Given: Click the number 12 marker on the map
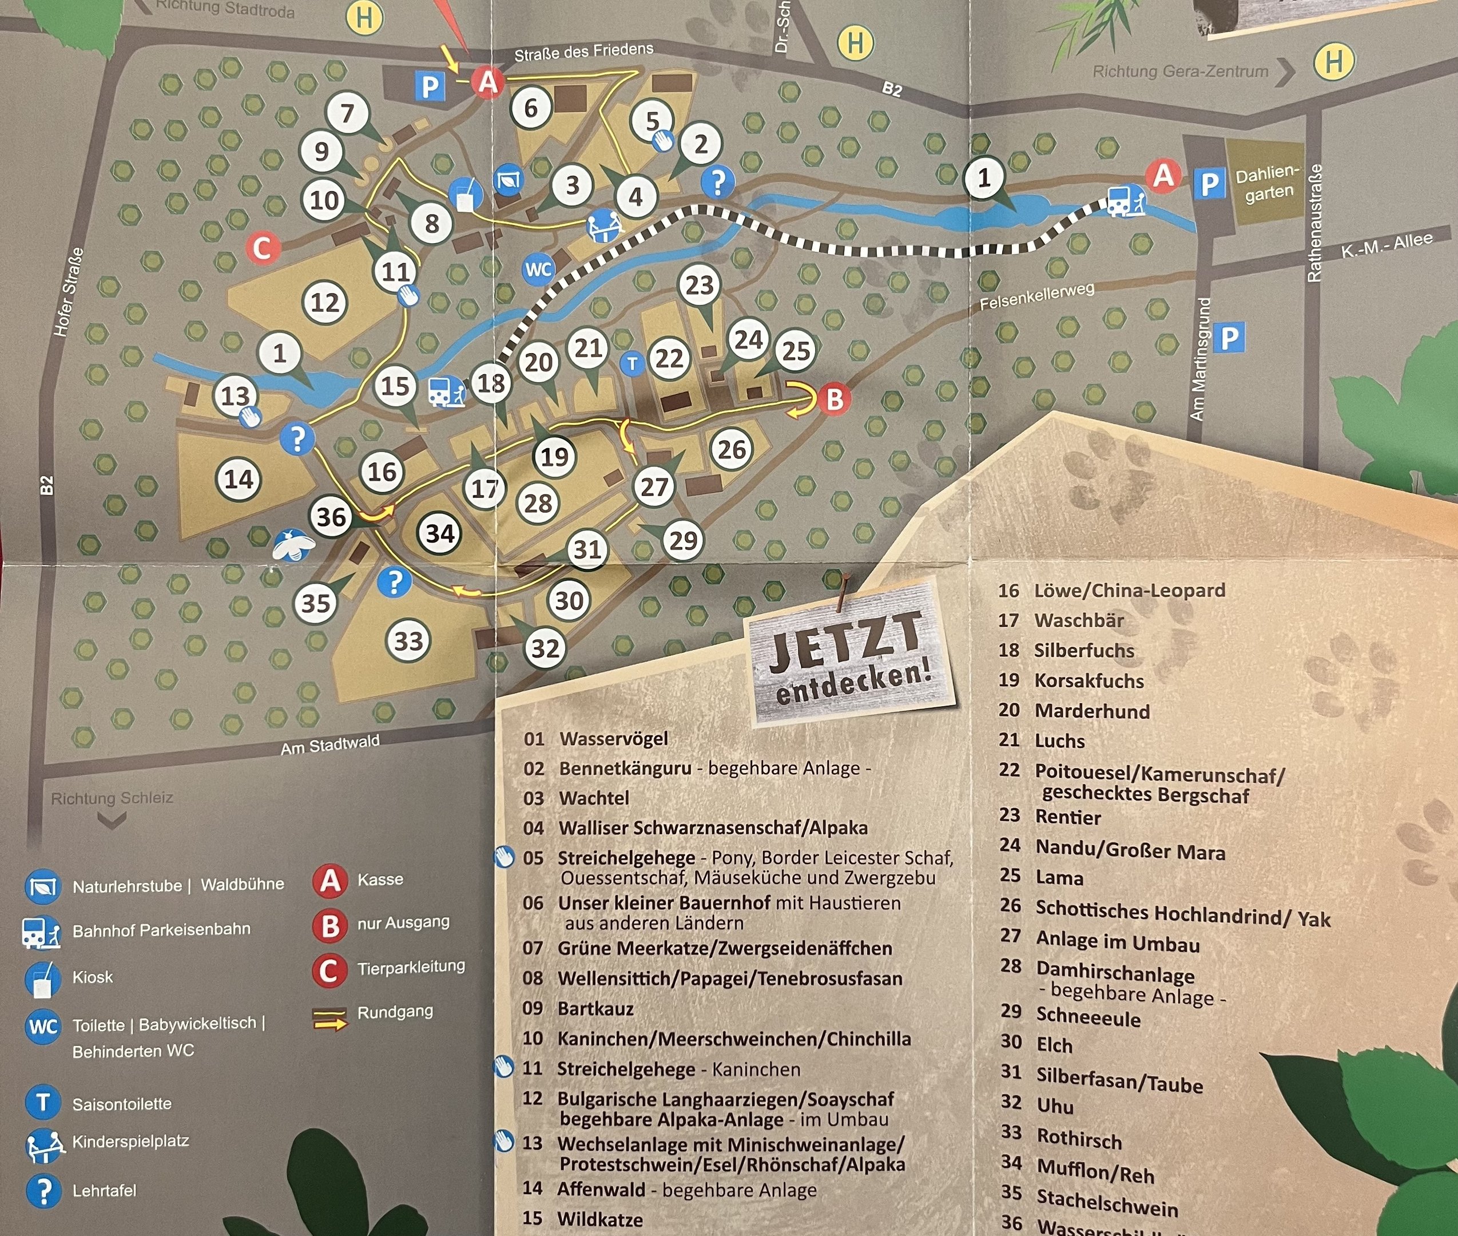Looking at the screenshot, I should pyautogui.click(x=324, y=303).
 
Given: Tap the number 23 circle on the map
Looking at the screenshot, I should pyautogui.click(x=699, y=285).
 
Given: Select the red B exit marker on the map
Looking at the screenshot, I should pyautogui.click(x=834, y=399).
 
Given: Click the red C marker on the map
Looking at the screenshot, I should pyautogui.click(x=263, y=248).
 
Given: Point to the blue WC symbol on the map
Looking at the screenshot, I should pyautogui.click(x=538, y=269).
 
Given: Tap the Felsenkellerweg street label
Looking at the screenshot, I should pyautogui.click(x=1036, y=296).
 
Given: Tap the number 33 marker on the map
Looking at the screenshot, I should pyautogui.click(x=408, y=640).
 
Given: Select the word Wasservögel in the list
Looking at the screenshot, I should pyautogui.click(x=613, y=739).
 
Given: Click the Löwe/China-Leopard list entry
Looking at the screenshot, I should pyautogui.click(x=1129, y=591).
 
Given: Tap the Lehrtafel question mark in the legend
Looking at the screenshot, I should pyautogui.click(x=43, y=1190).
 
